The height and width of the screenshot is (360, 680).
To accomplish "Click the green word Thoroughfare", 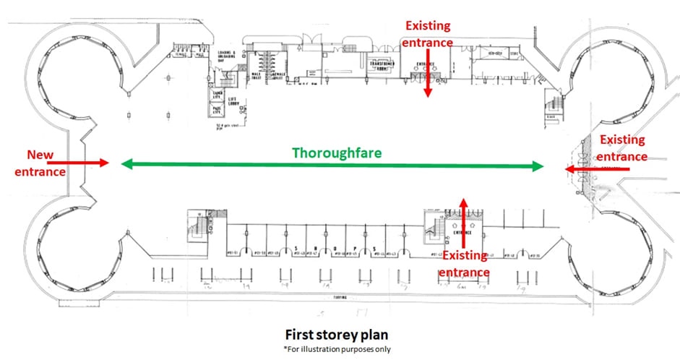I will click(x=336, y=153).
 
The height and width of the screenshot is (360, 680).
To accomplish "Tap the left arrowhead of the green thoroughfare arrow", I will click(x=125, y=165).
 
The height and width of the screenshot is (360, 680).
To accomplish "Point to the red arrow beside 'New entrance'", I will click(x=90, y=163).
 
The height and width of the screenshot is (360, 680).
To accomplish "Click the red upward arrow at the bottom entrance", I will click(x=463, y=216).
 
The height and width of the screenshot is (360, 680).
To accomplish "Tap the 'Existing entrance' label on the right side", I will click(x=623, y=148).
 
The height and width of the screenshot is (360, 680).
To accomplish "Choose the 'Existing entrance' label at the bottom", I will click(x=465, y=264).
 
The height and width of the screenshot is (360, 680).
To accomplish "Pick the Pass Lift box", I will click(x=216, y=111).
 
